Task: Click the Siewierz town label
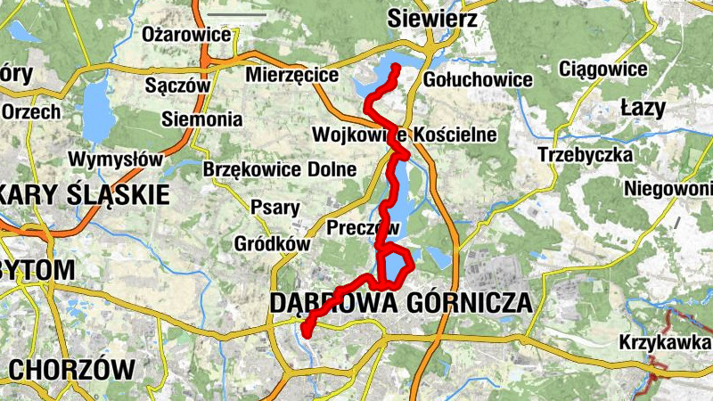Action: (x=432, y=19)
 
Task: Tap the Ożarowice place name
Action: (x=187, y=35)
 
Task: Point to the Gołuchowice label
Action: (x=479, y=79)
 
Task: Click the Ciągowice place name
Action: (x=602, y=69)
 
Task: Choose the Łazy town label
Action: (x=643, y=109)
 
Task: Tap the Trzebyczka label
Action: (x=586, y=154)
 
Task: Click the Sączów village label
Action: (x=176, y=86)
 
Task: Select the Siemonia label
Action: (x=202, y=119)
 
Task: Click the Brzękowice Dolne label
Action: (x=280, y=169)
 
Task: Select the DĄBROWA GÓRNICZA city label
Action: (x=400, y=303)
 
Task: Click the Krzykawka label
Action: (x=665, y=343)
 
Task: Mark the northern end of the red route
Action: (x=394, y=68)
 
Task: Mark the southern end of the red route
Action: (x=305, y=334)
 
